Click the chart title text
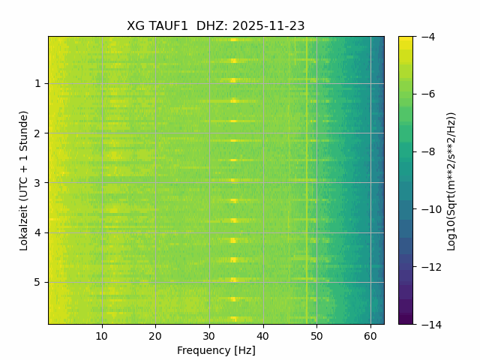[x=216, y=25]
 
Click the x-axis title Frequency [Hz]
[x=216, y=350]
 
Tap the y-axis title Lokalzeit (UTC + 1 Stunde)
[x=24, y=180]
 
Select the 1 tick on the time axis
[x=37, y=83]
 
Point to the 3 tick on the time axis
[x=37, y=182]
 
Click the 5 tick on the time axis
[x=37, y=282]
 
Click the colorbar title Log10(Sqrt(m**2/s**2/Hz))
[x=451, y=180]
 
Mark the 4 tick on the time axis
[x=37, y=232]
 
